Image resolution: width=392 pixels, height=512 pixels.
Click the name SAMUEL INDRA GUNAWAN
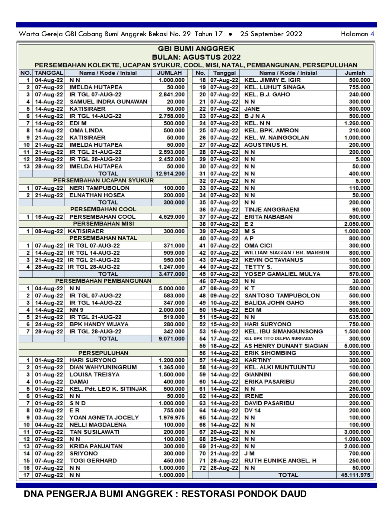[x=108, y=102]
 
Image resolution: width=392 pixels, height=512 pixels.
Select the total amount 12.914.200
[x=170, y=174]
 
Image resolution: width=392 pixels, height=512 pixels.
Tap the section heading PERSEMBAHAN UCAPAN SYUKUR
[x=104, y=181]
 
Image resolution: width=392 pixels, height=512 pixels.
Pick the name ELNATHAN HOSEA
[x=97, y=195]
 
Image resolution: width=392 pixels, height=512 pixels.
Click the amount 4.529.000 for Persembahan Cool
[x=171, y=217]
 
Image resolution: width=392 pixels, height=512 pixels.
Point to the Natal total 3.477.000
[x=171, y=274]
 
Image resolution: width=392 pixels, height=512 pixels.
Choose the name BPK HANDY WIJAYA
[x=99, y=324]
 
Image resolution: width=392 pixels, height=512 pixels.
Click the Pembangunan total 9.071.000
[x=171, y=339]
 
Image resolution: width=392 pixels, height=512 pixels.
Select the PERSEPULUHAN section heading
[x=103, y=353]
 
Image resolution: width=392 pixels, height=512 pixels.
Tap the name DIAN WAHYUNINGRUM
[x=103, y=367]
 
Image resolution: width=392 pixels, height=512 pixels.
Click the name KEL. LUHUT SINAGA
[x=274, y=87]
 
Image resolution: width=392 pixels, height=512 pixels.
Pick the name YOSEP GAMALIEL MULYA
[x=282, y=274]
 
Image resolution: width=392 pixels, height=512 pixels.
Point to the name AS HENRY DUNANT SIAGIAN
[x=286, y=346]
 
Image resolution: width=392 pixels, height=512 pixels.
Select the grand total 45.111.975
[x=355, y=475]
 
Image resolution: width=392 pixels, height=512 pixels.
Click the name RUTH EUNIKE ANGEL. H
[x=280, y=461]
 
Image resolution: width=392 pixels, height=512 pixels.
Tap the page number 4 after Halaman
[x=372, y=34]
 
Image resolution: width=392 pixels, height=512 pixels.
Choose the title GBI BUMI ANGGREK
[x=196, y=49]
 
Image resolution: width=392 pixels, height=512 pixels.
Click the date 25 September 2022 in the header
[x=271, y=34]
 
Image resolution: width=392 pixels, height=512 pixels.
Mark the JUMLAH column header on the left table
[x=169, y=73]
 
